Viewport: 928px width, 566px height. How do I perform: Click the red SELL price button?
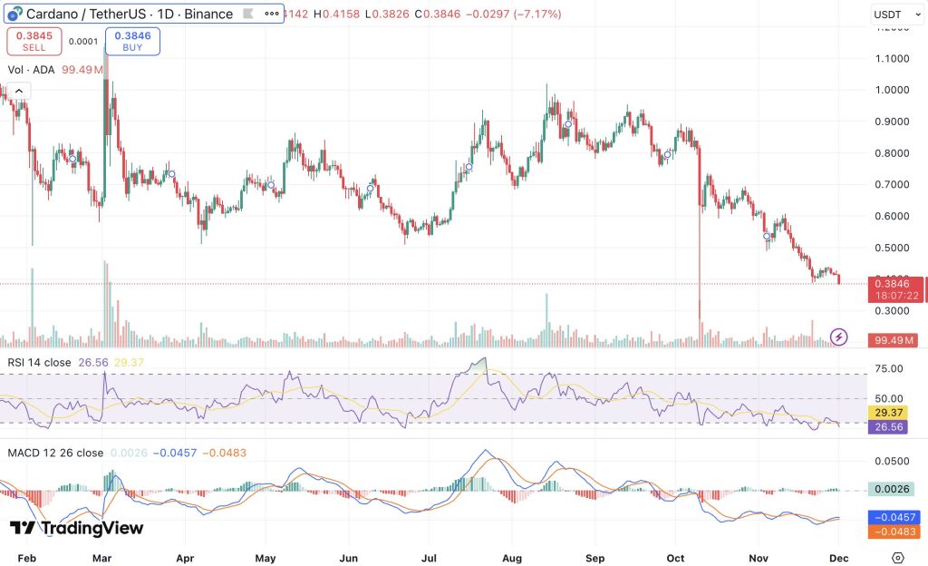(x=34, y=41)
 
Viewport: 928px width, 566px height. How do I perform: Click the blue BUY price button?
(x=132, y=41)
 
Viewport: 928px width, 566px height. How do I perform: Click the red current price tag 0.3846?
(x=896, y=283)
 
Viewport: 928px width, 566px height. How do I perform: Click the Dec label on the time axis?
(x=840, y=558)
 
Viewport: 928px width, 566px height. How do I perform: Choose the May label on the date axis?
(x=266, y=558)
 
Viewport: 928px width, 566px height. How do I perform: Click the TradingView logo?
(x=76, y=528)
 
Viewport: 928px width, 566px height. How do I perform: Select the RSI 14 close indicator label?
(x=40, y=362)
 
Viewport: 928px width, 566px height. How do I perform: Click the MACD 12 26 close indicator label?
(x=54, y=453)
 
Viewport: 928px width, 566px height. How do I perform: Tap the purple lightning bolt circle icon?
(x=839, y=337)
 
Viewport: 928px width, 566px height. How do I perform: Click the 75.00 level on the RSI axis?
(x=889, y=368)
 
